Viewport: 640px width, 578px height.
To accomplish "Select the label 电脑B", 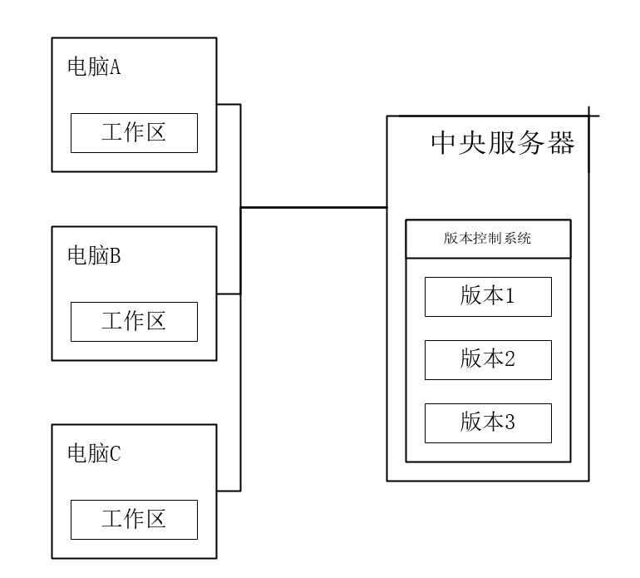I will (94, 256).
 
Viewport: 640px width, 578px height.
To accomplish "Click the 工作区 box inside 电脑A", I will (134, 133).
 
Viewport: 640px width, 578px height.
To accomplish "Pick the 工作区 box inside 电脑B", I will (134, 321).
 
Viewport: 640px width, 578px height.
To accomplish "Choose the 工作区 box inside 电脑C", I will (134, 519).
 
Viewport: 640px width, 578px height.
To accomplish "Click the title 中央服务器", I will (502, 143).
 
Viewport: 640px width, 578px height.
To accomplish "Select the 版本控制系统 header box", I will (488, 239).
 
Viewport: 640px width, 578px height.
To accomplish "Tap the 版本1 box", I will (488, 297).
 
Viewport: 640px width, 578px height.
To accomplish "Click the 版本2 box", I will (488, 359).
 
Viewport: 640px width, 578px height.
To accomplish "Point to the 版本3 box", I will (488, 422).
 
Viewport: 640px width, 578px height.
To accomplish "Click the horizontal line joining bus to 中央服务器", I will (313, 207).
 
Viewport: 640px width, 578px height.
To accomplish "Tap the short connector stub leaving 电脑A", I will (229, 104).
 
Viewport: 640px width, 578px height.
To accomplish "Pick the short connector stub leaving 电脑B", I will (229, 294).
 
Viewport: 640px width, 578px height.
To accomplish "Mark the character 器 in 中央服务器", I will (561, 143).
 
